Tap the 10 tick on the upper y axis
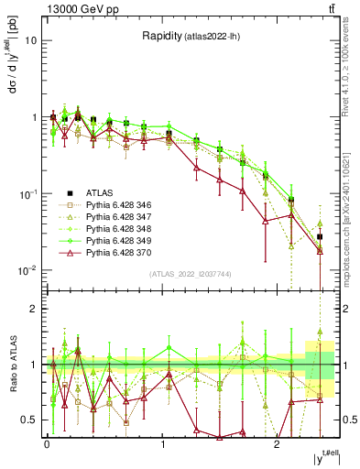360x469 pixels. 31,41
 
